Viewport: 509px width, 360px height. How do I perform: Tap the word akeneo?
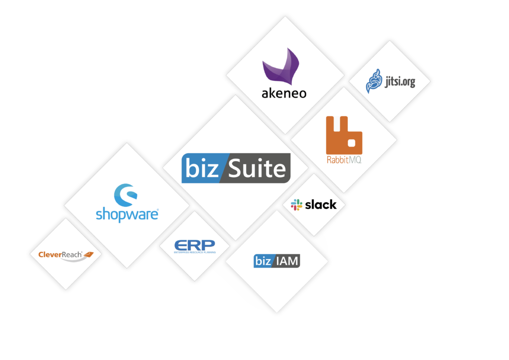284,93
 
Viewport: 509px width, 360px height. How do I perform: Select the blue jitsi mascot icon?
373,81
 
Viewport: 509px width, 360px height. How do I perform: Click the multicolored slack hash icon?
297,204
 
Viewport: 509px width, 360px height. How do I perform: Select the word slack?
321,204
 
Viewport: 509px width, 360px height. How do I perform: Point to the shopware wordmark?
126,215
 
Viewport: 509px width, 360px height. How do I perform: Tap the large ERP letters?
194,244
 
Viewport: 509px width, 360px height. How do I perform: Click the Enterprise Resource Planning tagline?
194,253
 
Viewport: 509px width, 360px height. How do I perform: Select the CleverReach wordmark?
60,255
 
